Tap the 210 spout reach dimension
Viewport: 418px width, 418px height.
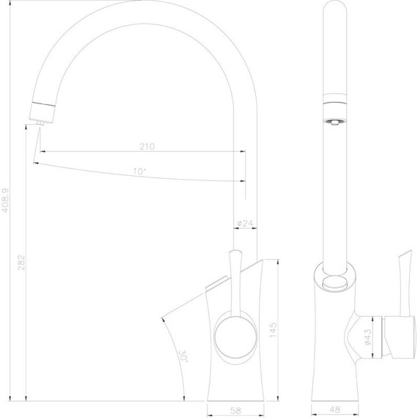coord(147,146)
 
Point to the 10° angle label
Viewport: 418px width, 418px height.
coord(139,172)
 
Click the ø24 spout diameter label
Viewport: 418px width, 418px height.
coord(245,223)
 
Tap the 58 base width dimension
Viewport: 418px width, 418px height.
coord(235,410)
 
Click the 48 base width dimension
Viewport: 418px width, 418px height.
coord(334,410)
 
